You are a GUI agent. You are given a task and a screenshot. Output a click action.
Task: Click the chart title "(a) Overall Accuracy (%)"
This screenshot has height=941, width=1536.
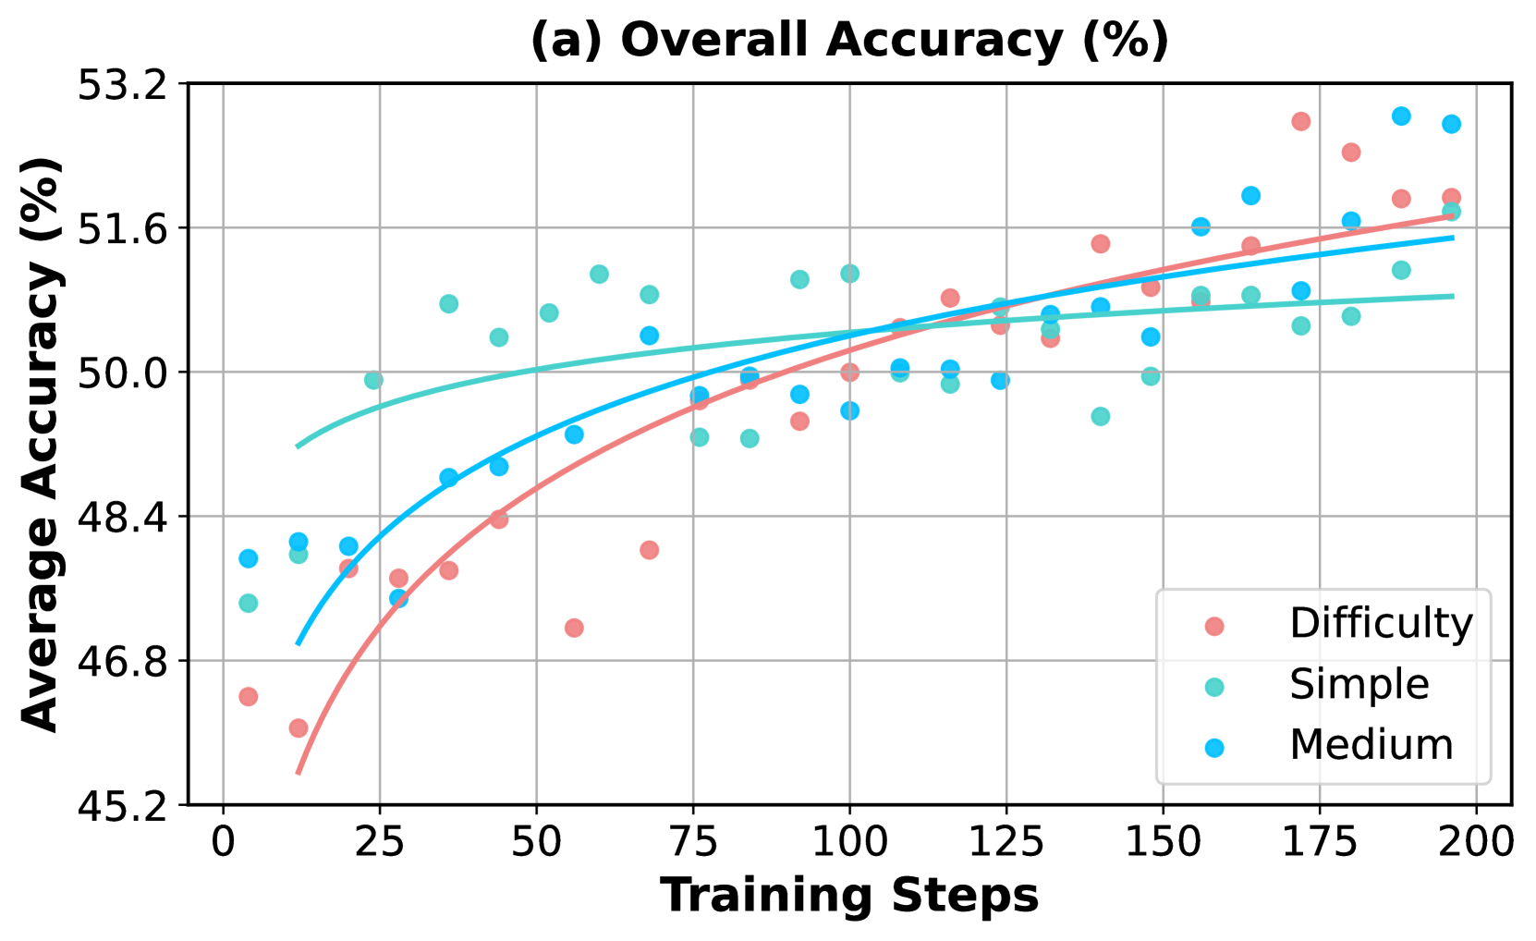pos(849,41)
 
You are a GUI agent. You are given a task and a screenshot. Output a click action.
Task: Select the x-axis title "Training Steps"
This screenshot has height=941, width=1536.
pos(849,896)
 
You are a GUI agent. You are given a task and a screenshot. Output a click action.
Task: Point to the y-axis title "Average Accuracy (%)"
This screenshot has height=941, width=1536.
pos(41,444)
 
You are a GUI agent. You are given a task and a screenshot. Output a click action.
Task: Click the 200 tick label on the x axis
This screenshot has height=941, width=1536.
pos(1476,842)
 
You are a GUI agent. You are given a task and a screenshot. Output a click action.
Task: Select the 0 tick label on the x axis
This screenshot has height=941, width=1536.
pos(223,842)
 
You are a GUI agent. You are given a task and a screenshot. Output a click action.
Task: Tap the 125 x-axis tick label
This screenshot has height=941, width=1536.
pos(1006,842)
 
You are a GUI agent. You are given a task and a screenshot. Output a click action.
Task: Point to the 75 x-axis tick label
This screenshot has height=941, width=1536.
pos(693,842)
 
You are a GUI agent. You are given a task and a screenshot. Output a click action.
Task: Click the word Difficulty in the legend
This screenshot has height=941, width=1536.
pos(1381,624)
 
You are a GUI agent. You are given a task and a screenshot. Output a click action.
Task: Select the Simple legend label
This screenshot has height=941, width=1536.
pos(1359,685)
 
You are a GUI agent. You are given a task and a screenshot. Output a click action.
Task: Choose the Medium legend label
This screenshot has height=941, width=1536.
pos(1371,745)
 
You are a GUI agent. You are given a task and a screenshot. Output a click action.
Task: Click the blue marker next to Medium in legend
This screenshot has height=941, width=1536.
pos(1214,747)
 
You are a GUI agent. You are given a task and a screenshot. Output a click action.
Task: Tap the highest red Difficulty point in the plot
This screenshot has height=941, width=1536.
pos(1301,121)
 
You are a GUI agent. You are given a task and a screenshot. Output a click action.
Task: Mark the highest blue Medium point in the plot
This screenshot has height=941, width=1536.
pos(1401,116)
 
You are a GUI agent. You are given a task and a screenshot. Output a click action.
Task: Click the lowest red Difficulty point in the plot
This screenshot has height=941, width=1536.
pos(299,727)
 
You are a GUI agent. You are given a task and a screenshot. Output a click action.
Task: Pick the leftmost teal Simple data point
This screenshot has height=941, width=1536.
pos(248,603)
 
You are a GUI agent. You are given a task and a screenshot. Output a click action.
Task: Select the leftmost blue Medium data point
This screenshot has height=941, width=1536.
pos(248,558)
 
